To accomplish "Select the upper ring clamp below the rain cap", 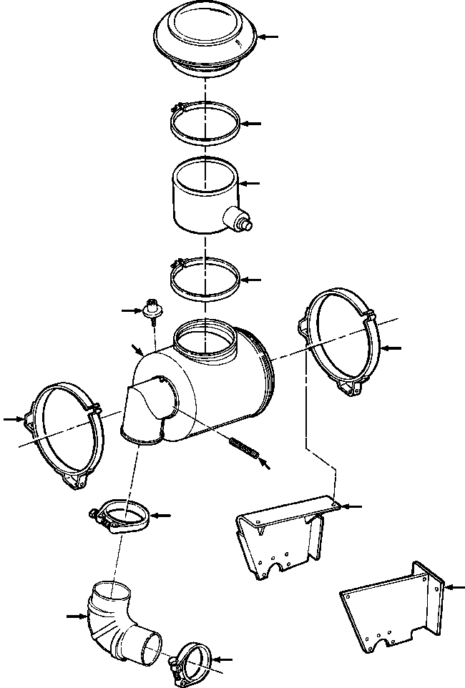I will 205,123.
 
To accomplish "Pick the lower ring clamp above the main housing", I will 205,280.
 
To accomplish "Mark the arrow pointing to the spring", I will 265,464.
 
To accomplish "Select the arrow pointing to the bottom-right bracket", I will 455,586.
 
